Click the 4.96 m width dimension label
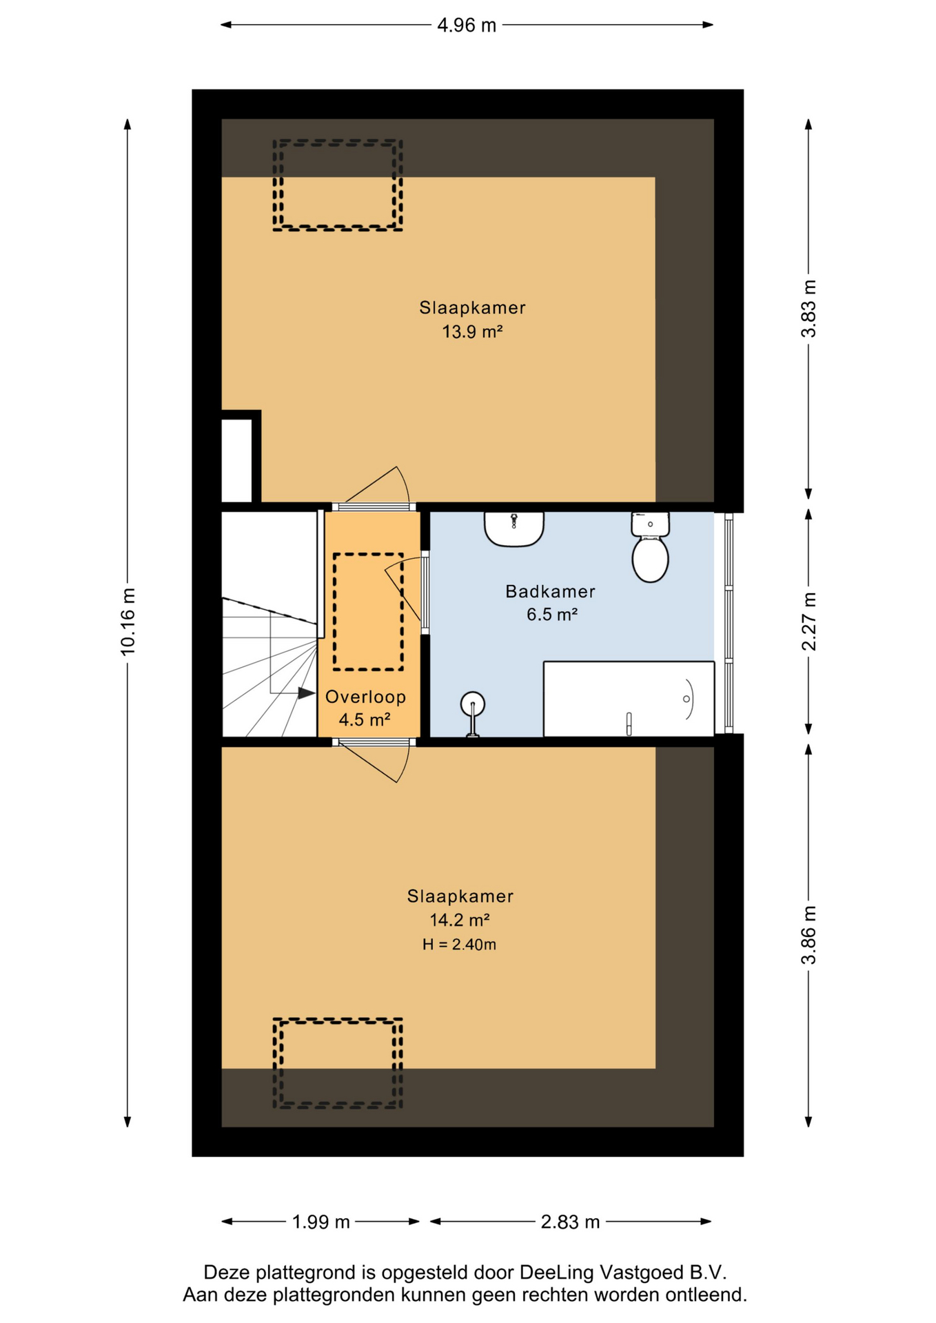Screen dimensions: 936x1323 pyautogui.click(x=467, y=25)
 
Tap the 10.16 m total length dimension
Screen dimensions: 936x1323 pyautogui.click(x=128, y=622)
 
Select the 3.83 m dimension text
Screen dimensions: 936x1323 pyautogui.click(x=808, y=309)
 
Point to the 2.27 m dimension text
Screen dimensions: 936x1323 pyautogui.click(x=808, y=621)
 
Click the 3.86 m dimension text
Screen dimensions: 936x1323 pyautogui.click(x=808, y=935)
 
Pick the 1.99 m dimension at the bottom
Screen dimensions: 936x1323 pyautogui.click(x=321, y=1222)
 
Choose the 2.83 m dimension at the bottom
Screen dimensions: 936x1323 pyautogui.click(x=570, y=1222)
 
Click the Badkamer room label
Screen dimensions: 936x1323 pyautogui.click(x=550, y=591)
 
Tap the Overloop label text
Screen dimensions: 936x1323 pyautogui.click(x=365, y=697)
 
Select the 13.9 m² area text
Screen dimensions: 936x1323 pyautogui.click(x=472, y=332)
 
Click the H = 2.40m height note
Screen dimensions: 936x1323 pyautogui.click(x=459, y=945)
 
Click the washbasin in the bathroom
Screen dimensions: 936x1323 pyautogui.click(x=514, y=529)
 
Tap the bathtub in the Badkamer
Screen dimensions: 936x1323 pyautogui.click(x=629, y=699)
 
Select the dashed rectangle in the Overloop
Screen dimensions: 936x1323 pyautogui.click(x=368, y=612)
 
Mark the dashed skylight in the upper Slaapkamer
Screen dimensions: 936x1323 pyautogui.click(x=338, y=185)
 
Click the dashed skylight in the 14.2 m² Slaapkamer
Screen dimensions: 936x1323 pyautogui.click(x=338, y=1063)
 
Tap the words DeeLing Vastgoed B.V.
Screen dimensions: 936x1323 pyautogui.click(x=623, y=1272)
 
